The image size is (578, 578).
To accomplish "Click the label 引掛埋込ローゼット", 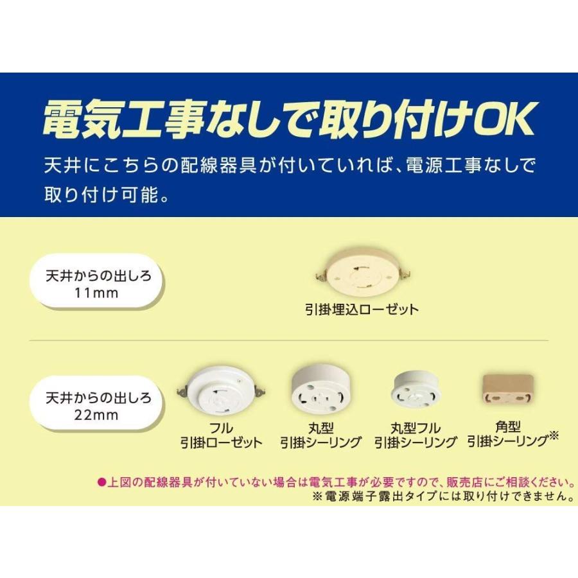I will [x=361, y=310].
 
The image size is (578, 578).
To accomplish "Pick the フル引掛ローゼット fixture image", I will [x=221, y=391].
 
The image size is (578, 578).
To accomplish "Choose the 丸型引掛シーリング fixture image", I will [x=320, y=389].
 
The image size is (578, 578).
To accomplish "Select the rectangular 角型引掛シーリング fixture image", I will [x=507, y=392].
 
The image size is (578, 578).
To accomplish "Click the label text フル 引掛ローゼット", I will [x=221, y=435].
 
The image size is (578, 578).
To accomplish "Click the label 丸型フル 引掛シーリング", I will [x=415, y=435].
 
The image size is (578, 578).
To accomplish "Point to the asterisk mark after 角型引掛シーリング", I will [x=554, y=437].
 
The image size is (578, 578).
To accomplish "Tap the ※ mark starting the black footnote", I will [x=316, y=496].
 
